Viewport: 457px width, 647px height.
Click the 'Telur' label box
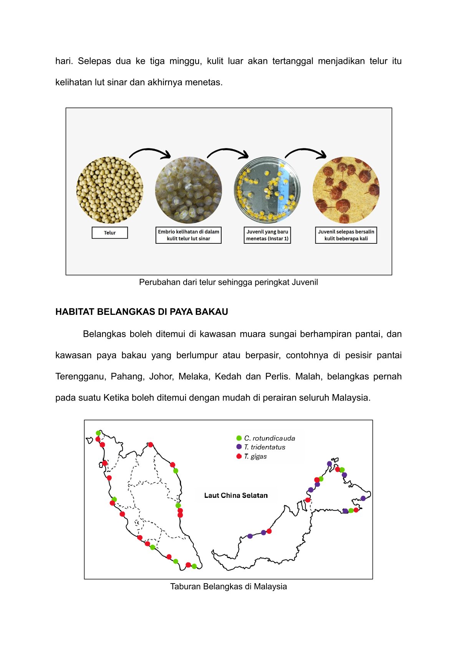click(x=109, y=233)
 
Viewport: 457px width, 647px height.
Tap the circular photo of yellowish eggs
click(x=110, y=190)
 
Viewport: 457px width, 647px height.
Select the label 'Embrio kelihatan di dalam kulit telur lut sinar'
click(x=189, y=235)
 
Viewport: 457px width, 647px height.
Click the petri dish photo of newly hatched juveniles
click(x=267, y=190)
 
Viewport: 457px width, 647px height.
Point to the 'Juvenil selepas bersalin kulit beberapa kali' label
click(x=346, y=235)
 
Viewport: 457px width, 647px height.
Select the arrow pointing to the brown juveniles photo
click(x=306, y=153)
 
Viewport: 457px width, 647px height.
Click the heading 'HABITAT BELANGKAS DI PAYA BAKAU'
click(x=142, y=312)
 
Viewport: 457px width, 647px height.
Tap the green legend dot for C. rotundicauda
click(x=239, y=438)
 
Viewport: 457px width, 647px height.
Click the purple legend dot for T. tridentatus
click(x=239, y=447)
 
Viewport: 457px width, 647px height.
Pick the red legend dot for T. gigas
click(x=239, y=456)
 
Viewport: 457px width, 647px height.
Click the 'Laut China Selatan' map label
click(x=236, y=496)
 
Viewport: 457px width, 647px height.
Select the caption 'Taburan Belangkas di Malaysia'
click(x=228, y=587)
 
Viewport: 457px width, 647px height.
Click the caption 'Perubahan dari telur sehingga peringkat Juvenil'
click(x=228, y=282)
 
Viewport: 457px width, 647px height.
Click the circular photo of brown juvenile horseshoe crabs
click(x=346, y=190)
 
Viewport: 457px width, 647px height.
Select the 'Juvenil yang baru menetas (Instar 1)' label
click(x=267, y=235)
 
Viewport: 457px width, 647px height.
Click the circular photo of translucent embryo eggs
click(x=189, y=190)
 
